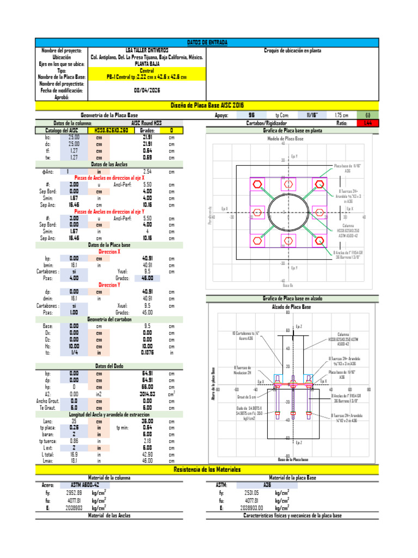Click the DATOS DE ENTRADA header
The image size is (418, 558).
(x=207, y=43)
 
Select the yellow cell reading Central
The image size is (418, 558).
(x=147, y=70)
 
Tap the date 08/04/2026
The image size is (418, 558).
(x=147, y=90)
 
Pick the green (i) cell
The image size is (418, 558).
(x=368, y=116)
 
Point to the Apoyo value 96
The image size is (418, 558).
(x=251, y=116)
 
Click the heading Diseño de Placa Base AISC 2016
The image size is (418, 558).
(x=207, y=105)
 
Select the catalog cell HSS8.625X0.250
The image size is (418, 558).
(x=111, y=131)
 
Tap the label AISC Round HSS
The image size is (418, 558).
(x=147, y=124)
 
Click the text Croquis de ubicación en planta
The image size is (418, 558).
(x=292, y=51)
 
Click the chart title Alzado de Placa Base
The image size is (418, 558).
(x=291, y=307)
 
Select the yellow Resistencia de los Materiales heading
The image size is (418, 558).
(x=207, y=469)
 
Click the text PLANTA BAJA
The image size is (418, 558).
(x=147, y=64)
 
